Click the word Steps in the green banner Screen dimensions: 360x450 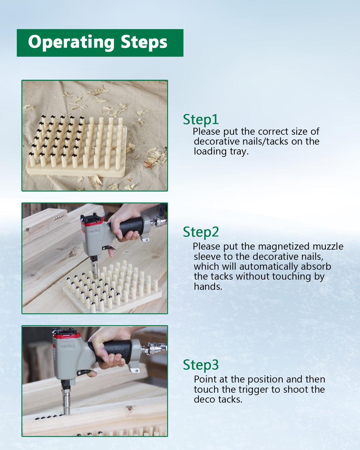144,42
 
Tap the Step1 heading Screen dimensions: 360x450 201,120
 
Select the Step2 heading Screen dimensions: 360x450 201,232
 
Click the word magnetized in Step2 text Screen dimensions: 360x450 283,247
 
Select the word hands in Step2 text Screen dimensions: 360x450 208,287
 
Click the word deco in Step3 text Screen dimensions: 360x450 205,400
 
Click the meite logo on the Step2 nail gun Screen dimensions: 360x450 94,231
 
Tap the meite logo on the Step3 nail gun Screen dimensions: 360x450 67,345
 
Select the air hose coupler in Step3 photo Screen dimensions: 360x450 154,349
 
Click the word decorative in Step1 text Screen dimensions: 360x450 217,142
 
